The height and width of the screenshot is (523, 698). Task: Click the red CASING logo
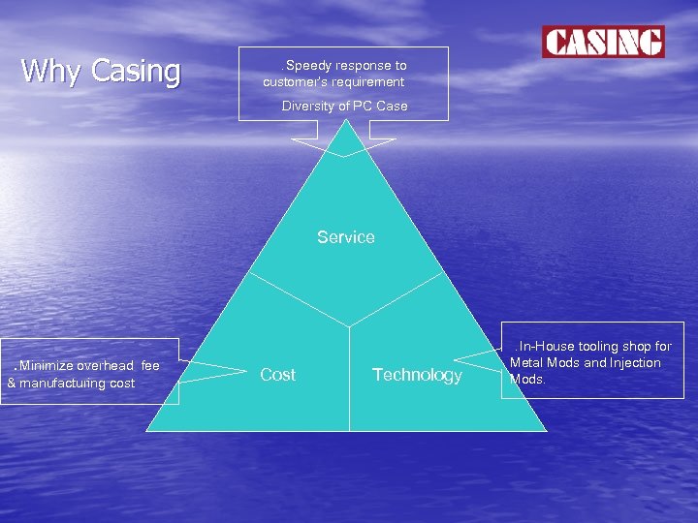tap(603, 42)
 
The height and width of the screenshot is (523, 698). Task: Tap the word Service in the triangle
tap(346, 237)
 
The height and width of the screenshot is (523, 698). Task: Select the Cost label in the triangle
tap(278, 375)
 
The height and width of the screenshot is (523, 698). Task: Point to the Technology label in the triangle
tap(417, 375)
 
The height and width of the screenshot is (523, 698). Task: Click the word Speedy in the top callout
tap(307, 66)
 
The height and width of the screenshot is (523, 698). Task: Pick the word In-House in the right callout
tap(548, 346)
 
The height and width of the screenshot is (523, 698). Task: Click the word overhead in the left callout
tap(106, 366)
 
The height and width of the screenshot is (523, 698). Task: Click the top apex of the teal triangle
tap(345, 120)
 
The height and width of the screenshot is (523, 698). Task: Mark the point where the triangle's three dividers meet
tap(349, 325)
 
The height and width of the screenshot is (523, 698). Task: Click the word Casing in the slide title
tap(136, 71)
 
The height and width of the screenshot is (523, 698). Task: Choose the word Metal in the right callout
tap(527, 363)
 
